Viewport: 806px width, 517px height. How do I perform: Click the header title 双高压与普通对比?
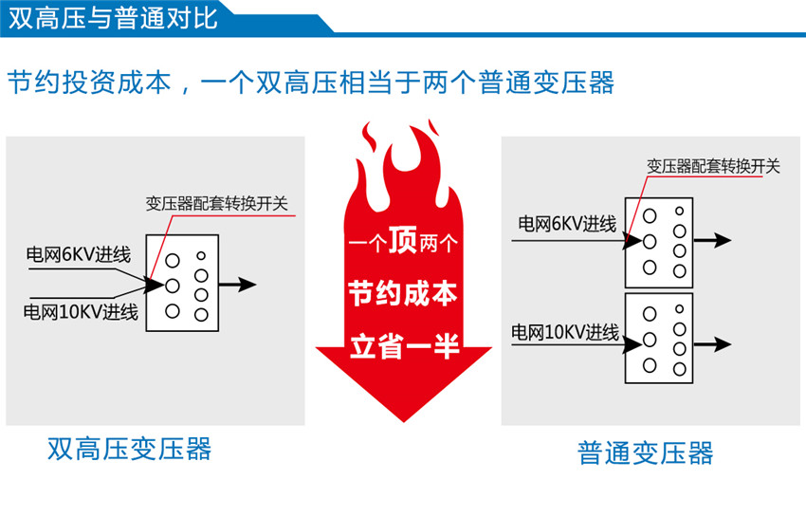(113, 18)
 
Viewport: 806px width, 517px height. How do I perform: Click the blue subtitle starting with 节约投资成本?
(310, 82)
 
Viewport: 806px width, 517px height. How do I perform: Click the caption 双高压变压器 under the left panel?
(130, 448)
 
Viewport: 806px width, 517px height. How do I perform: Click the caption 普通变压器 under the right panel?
(645, 452)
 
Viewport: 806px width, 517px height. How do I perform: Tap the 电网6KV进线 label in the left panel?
(79, 254)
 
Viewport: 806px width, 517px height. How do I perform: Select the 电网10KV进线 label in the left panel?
(82, 312)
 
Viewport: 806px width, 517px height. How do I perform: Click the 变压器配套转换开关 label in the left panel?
(220, 203)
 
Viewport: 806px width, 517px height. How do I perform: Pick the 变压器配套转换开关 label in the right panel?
(713, 166)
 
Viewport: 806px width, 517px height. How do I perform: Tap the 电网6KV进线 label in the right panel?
(567, 224)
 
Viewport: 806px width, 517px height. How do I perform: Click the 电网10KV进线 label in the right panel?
(565, 333)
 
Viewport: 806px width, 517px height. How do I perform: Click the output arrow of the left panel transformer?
(238, 284)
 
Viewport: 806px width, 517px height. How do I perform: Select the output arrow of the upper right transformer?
(713, 240)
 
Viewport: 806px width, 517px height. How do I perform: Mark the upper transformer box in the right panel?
(659, 242)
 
